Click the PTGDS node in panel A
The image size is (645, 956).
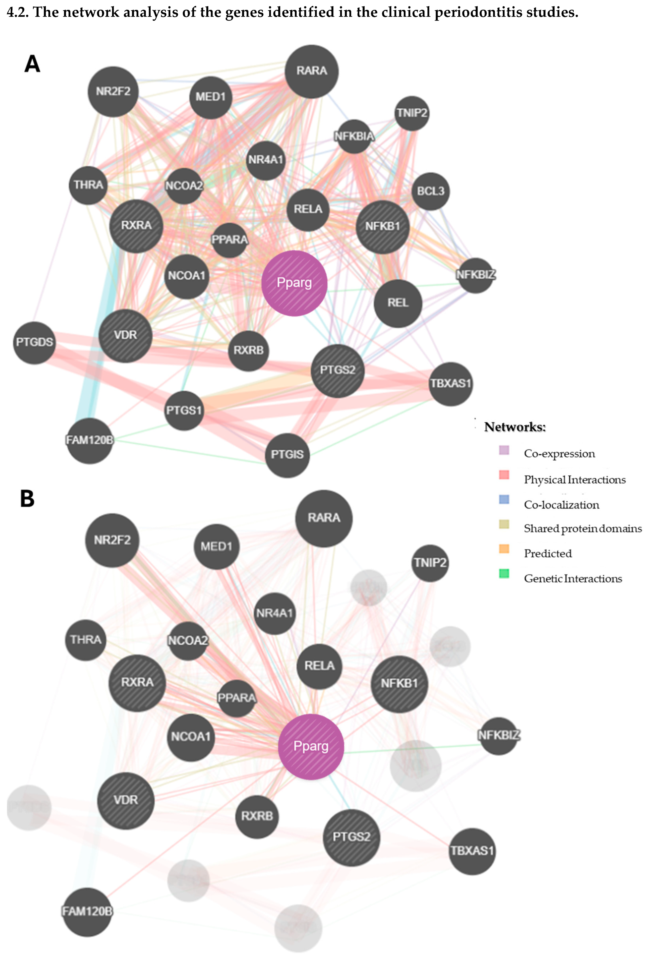(x=34, y=342)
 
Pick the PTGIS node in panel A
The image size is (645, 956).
(x=287, y=455)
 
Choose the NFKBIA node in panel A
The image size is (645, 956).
(x=354, y=136)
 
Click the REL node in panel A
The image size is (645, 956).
(x=398, y=303)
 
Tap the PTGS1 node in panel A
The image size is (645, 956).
(x=184, y=410)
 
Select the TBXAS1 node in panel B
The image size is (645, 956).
(x=472, y=850)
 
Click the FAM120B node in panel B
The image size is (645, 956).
(x=87, y=911)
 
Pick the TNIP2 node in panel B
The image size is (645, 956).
(x=430, y=563)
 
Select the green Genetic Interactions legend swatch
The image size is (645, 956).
(x=504, y=573)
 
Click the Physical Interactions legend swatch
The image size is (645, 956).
(x=504, y=475)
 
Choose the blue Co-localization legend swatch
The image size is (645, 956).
(x=504, y=499)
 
